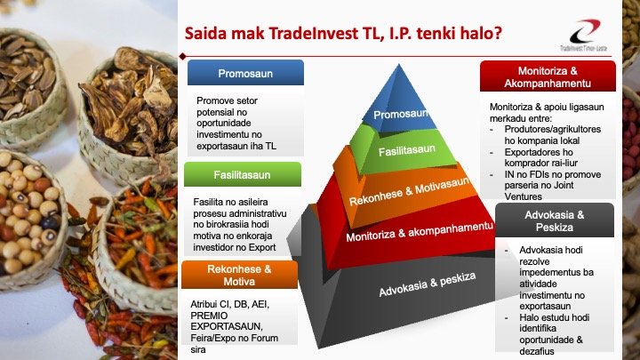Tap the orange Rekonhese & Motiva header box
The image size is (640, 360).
point(239,274)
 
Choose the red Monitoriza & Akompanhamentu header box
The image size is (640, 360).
point(548,76)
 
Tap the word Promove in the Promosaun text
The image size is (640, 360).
point(217,100)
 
